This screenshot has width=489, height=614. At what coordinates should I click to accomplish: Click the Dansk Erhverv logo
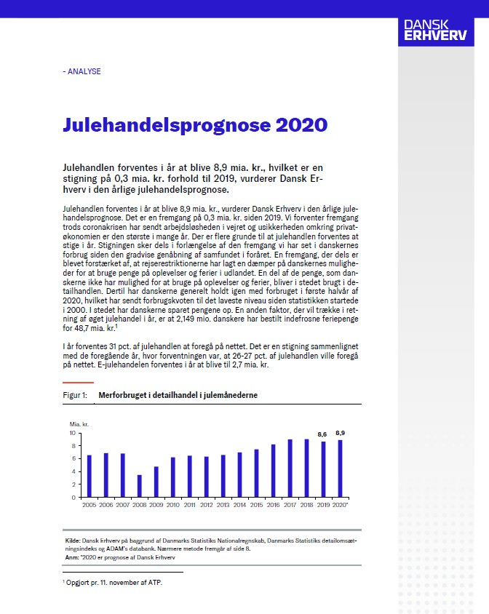[x=435, y=31]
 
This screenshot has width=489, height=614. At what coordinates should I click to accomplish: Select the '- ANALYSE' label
[x=81, y=71]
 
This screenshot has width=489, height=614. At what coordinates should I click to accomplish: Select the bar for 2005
[x=90, y=477]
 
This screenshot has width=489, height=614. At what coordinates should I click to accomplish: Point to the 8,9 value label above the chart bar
[x=340, y=433]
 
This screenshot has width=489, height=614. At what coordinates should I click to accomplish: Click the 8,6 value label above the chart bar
[x=322, y=434]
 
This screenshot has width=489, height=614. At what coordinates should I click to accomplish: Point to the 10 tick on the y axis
[x=72, y=433]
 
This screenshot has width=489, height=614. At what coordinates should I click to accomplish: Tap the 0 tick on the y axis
[x=74, y=498]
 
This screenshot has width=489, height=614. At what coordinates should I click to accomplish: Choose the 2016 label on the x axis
[x=273, y=504]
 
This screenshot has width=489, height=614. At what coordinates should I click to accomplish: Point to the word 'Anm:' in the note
[x=71, y=557]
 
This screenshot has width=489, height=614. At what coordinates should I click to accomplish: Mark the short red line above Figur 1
[x=78, y=382]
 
